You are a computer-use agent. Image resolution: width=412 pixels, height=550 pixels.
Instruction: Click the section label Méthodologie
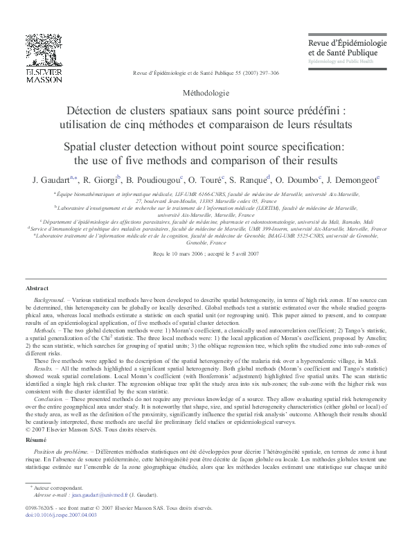206,91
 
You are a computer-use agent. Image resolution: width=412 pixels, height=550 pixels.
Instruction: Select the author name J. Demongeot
352,180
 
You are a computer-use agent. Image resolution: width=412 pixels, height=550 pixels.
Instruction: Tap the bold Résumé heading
35,420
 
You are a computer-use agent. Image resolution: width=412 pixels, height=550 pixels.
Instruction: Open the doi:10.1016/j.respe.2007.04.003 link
61,515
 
